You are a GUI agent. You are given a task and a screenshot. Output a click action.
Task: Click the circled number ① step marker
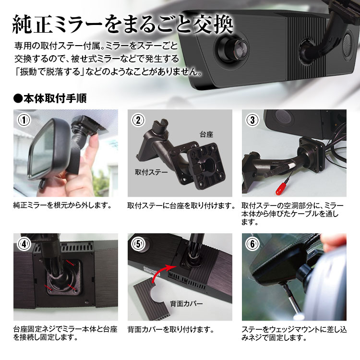pyautogui.click(x=24, y=120)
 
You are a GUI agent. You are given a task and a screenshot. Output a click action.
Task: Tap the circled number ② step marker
pyautogui.click(x=138, y=120)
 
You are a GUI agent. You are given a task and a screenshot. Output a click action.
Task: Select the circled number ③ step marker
pyautogui.click(x=252, y=120)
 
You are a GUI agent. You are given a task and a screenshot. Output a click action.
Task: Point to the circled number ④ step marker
pyautogui.click(x=24, y=244)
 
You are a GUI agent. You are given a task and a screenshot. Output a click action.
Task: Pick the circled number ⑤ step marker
pyautogui.click(x=138, y=244)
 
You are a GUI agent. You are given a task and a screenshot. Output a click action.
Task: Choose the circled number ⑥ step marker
pyautogui.click(x=252, y=244)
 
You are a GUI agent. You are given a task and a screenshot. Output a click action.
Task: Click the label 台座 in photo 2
pyautogui.click(x=206, y=134)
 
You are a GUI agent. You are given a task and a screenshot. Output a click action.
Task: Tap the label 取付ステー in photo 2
pyautogui.click(x=151, y=172)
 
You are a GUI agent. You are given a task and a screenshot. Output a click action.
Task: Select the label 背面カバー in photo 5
pyautogui.click(x=186, y=303)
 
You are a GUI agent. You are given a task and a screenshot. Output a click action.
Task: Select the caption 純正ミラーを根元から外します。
pyautogui.click(x=62, y=205)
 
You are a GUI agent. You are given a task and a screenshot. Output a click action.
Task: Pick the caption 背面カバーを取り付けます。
pyautogui.click(x=170, y=330)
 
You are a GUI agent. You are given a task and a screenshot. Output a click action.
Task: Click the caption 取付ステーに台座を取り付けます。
pyautogui.click(x=181, y=205)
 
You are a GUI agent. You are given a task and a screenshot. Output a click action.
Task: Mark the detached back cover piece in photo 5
pyautogui.click(x=152, y=300)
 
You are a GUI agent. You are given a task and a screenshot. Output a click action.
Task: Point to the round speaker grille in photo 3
pyautogui.click(x=285, y=116)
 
